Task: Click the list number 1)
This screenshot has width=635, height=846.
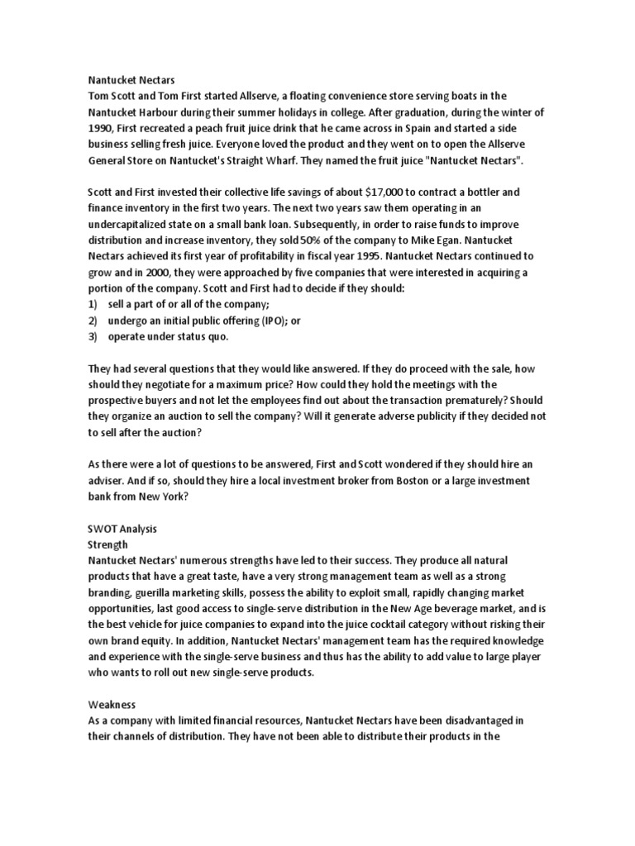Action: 93,303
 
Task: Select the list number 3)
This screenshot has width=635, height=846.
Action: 93,335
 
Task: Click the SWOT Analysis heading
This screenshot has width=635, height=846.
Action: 123,528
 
